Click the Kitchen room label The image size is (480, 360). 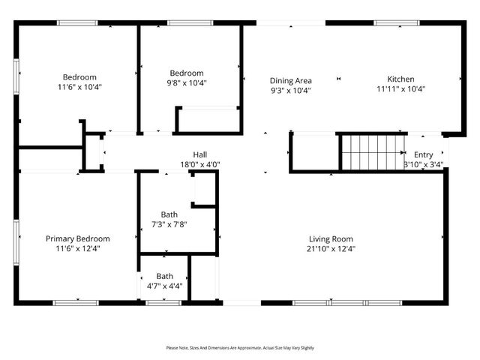click(x=400, y=79)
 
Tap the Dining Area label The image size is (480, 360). click(x=290, y=80)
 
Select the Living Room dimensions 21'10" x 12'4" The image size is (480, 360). click(x=330, y=249)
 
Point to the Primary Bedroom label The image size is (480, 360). click(x=78, y=238)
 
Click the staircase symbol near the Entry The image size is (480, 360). click(x=373, y=152)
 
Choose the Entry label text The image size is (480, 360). click(x=423, y=154)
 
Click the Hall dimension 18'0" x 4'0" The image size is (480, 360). click(x=199, y=164)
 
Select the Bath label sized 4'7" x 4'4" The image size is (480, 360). click(x=164, y=276)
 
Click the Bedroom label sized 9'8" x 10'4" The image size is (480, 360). click(x=186, y=73)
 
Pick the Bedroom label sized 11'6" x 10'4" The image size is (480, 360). click(x=79, y=76)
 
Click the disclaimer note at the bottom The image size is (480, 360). click(x=240, y=348)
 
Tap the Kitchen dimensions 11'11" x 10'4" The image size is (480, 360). click(x=400, y=89)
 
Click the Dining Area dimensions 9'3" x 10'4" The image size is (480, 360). click(x=290, y=90)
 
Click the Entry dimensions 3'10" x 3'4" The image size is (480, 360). click(x=423, y=164)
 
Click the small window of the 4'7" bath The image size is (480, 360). click(x=163, y=302)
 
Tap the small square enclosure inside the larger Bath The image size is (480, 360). click(x=203, y=188)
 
